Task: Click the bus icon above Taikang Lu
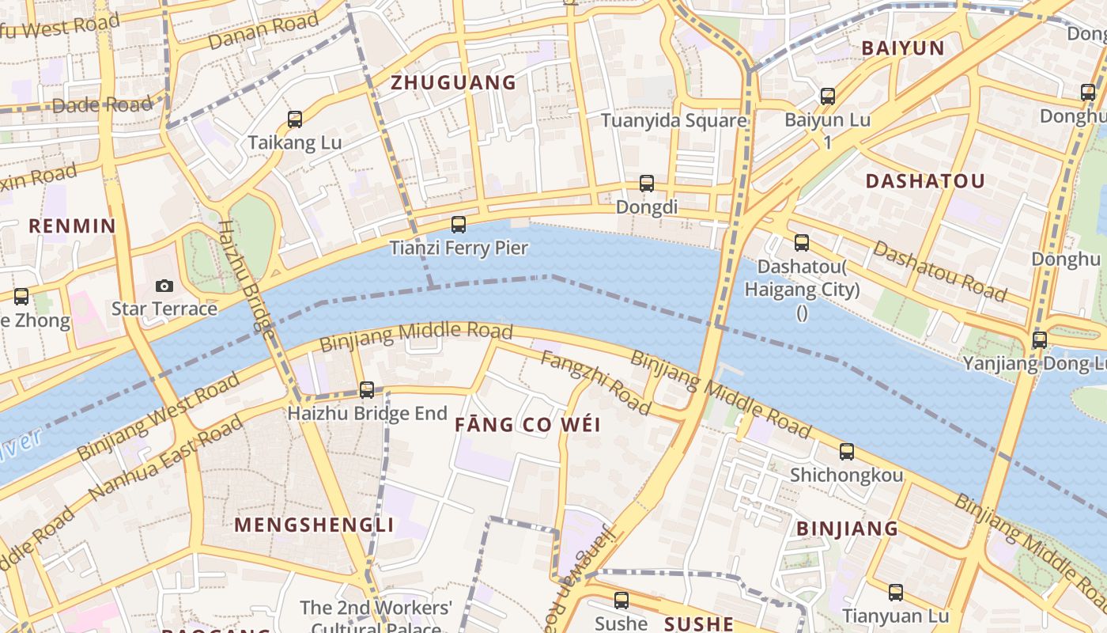coord(295,119)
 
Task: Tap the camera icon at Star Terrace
coord(164,286)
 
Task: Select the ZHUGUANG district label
coord(453,82)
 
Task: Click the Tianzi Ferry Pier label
coord(459,248)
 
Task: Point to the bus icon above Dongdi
coord(647,184)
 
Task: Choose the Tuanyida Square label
coord(674,120)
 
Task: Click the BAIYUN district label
coord(902,47)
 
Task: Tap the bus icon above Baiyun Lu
coord(828,97)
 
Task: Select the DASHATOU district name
coord(925,180)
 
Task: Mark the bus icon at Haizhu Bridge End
coord(367,389)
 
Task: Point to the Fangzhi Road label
coord(595,383)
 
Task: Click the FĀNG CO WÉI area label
coord(527,424)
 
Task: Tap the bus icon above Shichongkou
coord(847,452)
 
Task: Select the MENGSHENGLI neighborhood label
coord(314,525)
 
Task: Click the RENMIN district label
coord(72,226)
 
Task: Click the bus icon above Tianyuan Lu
coord(895,592)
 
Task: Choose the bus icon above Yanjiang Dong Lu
coord(1040,340)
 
